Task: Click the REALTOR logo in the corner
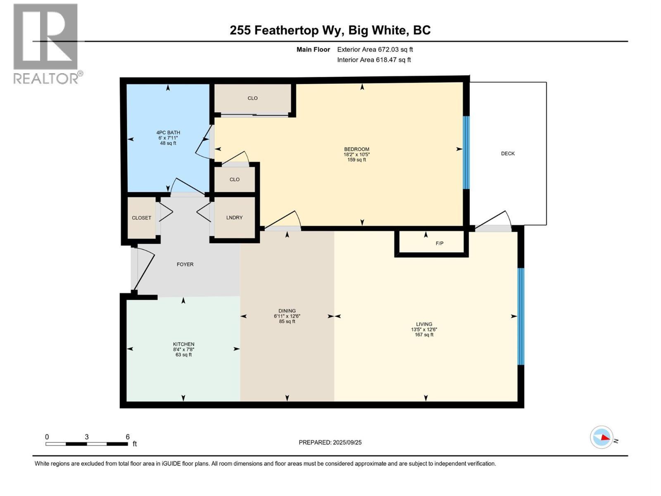46,43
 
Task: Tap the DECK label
508,153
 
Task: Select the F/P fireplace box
439,243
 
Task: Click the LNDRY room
234,217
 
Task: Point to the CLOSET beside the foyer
141,218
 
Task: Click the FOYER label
185,265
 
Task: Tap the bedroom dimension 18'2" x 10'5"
357,155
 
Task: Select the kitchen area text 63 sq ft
183,355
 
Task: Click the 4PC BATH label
168,133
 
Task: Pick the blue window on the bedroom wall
466,152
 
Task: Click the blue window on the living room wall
521,316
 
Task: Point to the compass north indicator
602,437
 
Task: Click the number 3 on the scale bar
86,437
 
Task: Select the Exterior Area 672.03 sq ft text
375,50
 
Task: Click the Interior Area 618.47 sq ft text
374,60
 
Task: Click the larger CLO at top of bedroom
252,98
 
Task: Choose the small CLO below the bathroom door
235,179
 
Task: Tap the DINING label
287,311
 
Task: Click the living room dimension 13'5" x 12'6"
424,330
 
